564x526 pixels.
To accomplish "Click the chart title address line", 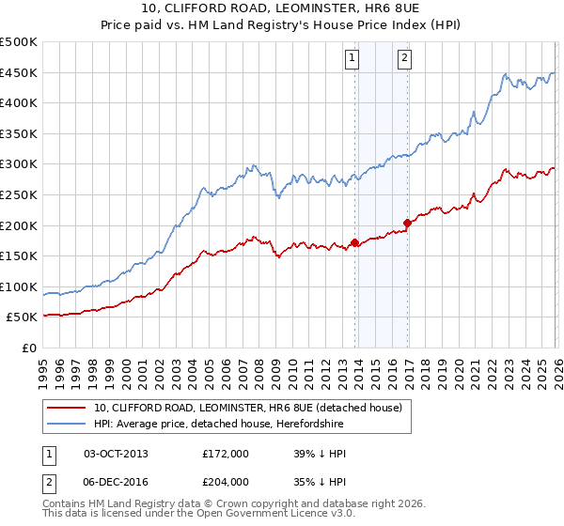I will [282, 8].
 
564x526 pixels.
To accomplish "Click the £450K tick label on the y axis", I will [19, 72].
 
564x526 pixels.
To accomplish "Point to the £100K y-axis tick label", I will [19, 286].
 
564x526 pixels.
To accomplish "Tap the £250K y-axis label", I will [19, 194].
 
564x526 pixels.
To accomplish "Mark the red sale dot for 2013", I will [354, 242].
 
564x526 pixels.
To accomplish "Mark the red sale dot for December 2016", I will [407, 223].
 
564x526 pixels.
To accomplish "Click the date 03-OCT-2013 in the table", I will [116, 454].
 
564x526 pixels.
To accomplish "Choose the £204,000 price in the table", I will [226, 480].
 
